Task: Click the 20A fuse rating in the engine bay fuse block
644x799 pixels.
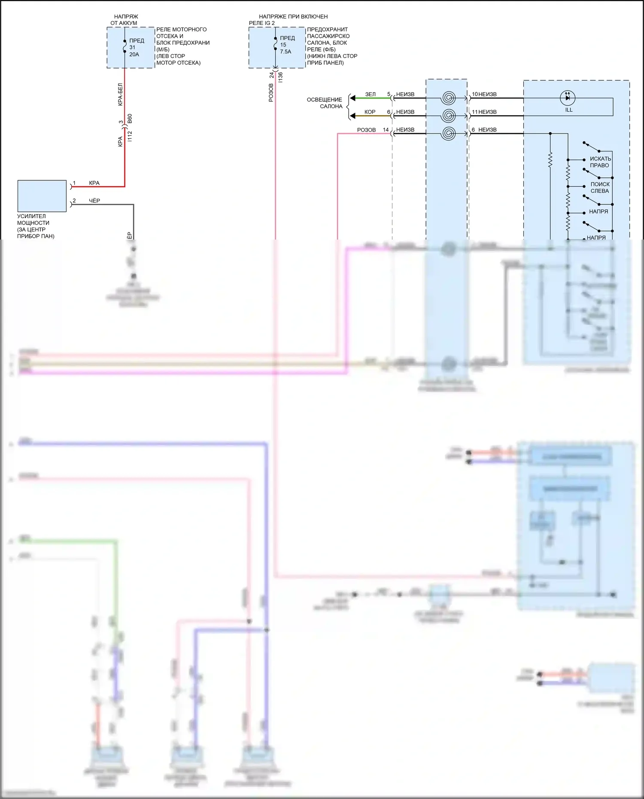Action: [134, 55]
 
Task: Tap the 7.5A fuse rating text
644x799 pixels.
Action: [286, 52]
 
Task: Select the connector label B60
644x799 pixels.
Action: [130, 118]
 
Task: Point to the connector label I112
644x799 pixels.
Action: [130, 137]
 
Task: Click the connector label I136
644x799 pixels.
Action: [280, 77]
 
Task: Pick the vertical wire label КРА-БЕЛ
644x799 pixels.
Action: [120, 94]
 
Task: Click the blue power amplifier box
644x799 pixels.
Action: [42, 196]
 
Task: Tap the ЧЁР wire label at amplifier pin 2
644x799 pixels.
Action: [94, 201]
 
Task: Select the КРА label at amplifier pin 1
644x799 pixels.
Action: [94, 183]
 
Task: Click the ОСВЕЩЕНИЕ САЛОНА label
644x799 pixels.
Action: [325, 103]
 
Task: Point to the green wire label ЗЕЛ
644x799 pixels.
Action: [370, 94]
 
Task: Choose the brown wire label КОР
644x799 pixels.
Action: [370, 112]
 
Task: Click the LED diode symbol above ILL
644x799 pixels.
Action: [568, 98]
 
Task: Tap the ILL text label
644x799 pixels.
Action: [569, 110]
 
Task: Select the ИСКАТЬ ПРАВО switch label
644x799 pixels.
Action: [600, 162]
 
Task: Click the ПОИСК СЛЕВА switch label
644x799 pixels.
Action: [600, 188]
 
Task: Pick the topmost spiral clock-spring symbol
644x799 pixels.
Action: [448, 98]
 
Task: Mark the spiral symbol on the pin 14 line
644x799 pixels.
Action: [448, 134]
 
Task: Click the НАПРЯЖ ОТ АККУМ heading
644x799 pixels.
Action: [125, 20]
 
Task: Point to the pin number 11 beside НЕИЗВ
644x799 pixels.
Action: [474, 112]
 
